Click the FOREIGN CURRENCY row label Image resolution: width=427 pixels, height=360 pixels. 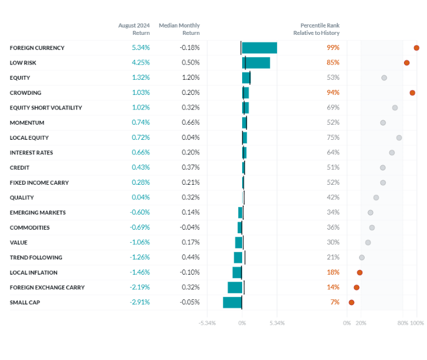coord(37,48)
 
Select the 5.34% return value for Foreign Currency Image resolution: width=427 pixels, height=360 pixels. coord(140,48)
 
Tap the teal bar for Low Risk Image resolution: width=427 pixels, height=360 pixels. coord(256,63)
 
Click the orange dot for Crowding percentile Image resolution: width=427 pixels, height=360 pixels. coord(412,93)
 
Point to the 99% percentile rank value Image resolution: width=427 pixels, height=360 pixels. coord(333,48)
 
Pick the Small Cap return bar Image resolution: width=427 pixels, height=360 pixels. coord(233,302)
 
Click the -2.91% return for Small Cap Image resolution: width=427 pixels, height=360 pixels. coord(140,302)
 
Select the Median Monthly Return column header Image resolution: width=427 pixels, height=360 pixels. coord(179,29)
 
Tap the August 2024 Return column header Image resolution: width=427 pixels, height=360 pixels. coord(134,29)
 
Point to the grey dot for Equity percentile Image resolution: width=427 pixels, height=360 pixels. coord(384,78)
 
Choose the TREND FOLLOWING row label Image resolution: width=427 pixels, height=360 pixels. coord(36,257)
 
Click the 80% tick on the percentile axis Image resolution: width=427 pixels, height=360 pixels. coord(403,323)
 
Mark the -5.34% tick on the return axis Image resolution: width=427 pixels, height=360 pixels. coord(207,323)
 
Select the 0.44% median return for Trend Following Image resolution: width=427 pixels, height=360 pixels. coord(190,257)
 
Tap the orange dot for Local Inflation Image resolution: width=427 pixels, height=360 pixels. coord(360,272)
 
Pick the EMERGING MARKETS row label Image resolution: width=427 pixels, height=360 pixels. coord(38,212)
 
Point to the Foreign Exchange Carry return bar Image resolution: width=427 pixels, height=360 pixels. coord(235,287)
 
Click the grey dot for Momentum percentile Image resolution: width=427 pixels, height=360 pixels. coord(383,122)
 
